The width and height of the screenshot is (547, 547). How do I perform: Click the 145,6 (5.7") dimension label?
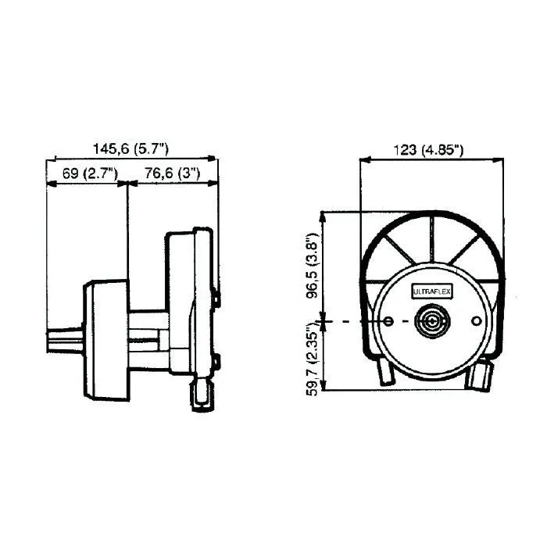point(130,149)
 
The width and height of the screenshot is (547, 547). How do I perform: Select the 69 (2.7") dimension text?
point(90,173)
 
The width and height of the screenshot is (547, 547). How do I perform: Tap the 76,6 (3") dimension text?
point(173,173)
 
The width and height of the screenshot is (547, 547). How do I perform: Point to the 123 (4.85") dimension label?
point(429,150)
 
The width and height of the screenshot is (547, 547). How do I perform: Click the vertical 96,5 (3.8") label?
point(312,266)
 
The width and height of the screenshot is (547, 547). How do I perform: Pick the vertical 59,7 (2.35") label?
point(312,359)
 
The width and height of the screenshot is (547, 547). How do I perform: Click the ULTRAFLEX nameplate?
point(432,292)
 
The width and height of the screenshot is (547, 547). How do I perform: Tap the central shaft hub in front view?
point(432,321)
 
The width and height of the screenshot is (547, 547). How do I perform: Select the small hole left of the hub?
point(388,321)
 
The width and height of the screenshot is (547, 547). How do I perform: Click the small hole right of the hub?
point(476,321)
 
